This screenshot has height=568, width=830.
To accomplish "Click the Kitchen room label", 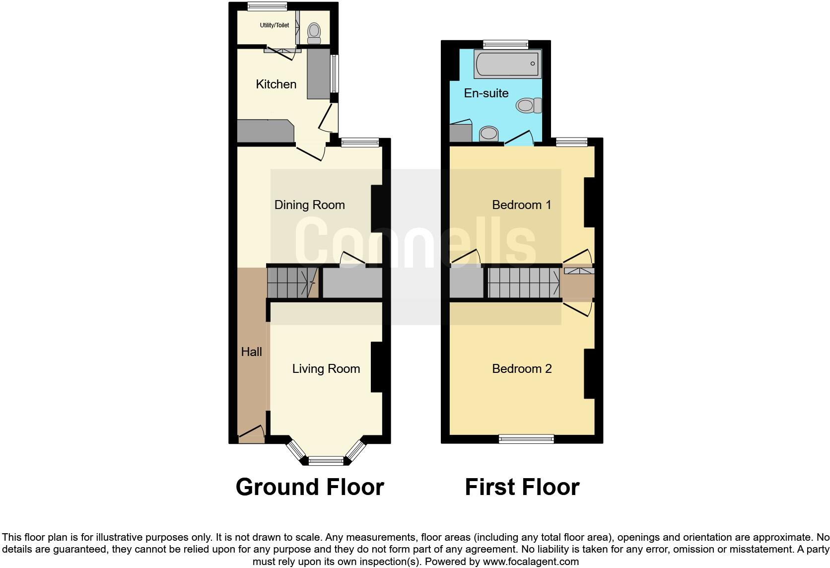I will coord(276,84).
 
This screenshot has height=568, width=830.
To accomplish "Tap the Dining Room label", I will coord(309,205).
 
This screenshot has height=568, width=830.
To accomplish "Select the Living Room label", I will coord(326,369).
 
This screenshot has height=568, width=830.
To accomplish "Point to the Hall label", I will coord(251,352).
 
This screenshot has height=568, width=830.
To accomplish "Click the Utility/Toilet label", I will coord(274,25).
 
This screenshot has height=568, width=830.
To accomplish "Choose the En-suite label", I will coord(486,93).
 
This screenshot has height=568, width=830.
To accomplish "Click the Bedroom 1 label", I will coord(521,205).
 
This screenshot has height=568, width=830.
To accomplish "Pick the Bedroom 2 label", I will coord(521,369).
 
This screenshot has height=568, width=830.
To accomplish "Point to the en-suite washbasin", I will coord(489,134).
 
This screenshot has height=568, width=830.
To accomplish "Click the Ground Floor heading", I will coord(310,487).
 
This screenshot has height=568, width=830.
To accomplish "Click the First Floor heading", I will coord(522,487).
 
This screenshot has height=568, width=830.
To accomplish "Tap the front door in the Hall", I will coord(251,434).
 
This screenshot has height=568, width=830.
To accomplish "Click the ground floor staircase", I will coord(292,283).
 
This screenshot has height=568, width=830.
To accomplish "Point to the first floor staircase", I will coord(523,283).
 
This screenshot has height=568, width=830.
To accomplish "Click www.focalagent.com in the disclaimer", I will coord(531,562).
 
